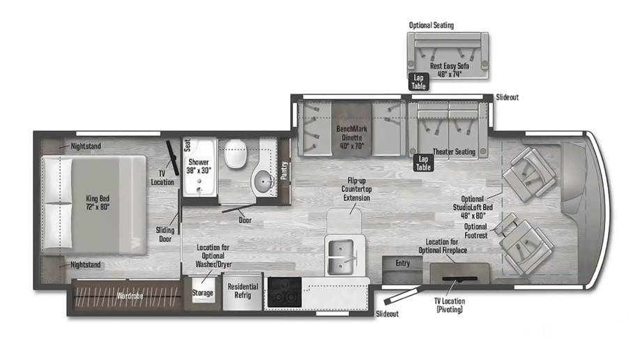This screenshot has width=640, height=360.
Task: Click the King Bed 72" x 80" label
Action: tap(98, 202)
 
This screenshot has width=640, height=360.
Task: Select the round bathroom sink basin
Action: tap(265, 181)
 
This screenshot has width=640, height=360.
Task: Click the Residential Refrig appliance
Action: tap(243, 290)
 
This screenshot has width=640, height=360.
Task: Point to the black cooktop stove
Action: tap(284, 292)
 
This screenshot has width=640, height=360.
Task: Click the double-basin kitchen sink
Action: tap(340, 257)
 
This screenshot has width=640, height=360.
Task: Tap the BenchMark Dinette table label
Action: tap(352, 137)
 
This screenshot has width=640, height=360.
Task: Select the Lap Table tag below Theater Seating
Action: tap(423, 163)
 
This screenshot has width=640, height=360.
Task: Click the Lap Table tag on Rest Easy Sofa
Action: tap(419, 82)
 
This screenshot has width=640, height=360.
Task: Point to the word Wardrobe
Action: tap(130, 295)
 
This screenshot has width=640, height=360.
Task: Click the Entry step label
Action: tap(402, 263)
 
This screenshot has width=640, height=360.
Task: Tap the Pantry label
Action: tap(284, 170)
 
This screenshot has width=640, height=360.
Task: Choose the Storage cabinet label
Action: tap(202, 292)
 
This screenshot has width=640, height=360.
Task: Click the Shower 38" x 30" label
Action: tap(199, 166)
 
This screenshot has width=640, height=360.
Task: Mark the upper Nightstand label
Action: tap(86, 146)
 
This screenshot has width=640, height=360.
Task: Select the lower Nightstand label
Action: tap(85, 265)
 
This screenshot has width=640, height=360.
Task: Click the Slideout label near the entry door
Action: tap(387, 314)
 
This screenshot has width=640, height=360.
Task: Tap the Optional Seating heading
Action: tap(432, 25)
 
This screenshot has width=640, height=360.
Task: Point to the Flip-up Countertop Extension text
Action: tap(356, 189)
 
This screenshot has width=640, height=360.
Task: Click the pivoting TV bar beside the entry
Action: tap(459, 279)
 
